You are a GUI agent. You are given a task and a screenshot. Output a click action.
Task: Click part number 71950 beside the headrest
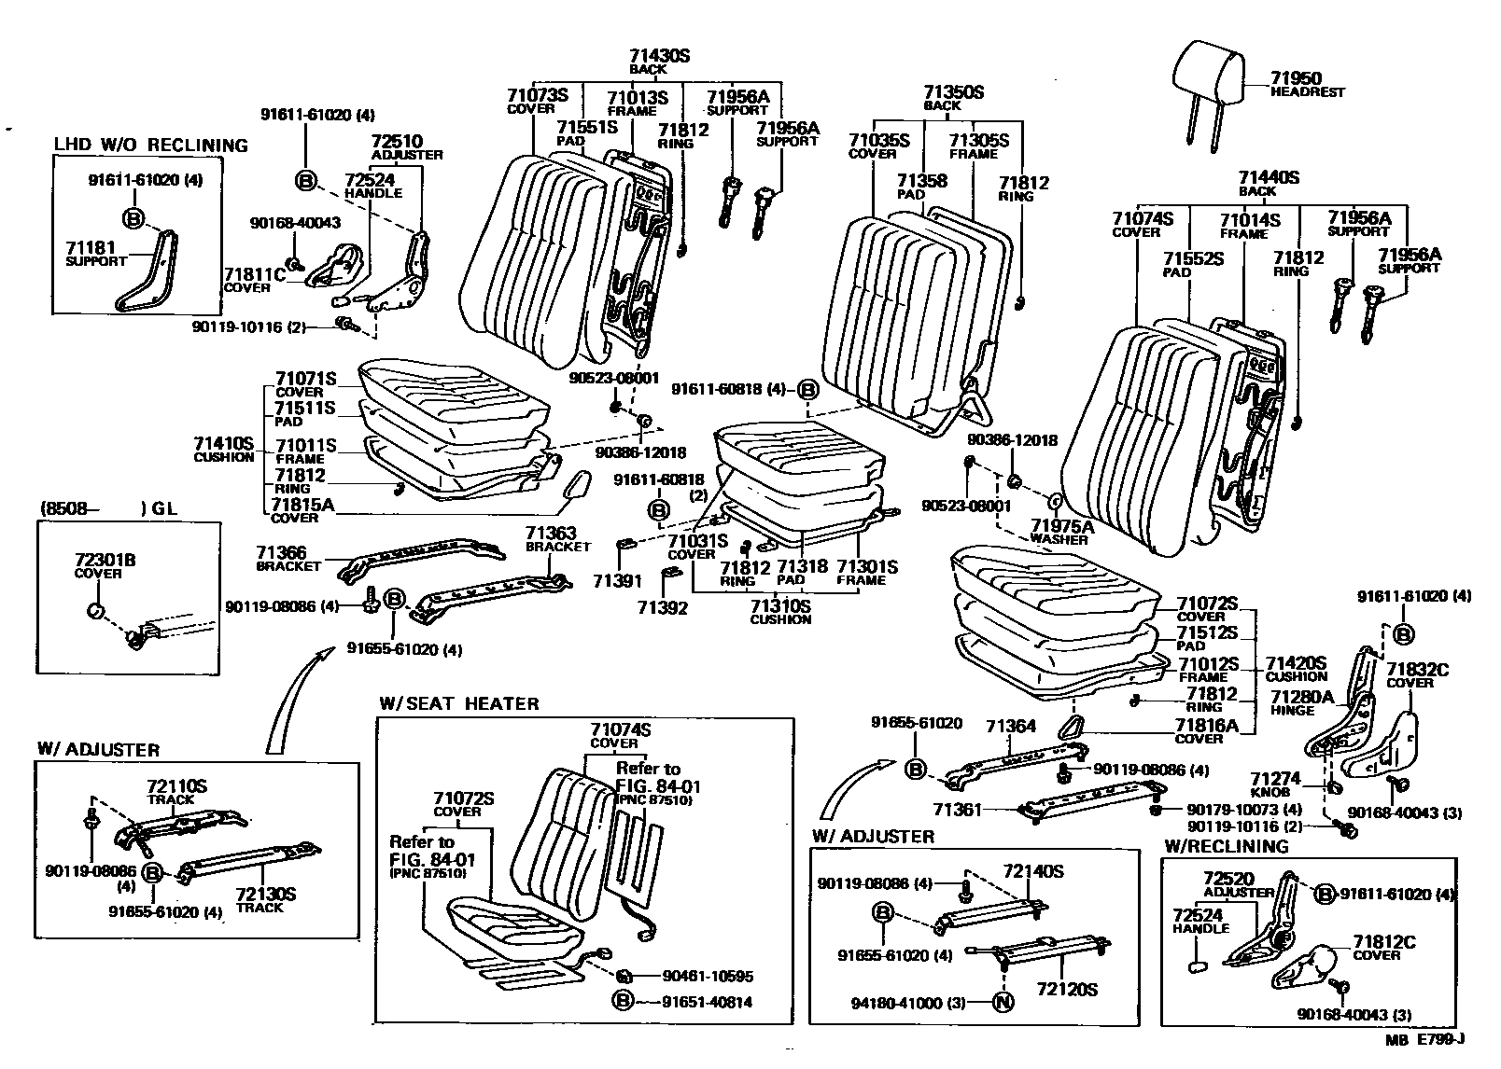tap(1296, 79)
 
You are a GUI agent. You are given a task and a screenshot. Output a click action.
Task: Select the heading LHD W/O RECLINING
tap(150, 146)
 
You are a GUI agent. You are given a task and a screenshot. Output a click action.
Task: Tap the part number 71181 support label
tap(90, 248)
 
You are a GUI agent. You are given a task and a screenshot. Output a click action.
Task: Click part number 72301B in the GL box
tap(105, 560)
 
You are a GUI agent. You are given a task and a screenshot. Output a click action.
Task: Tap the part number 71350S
tap(954, 92)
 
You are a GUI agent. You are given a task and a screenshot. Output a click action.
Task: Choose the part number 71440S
tap(1269, 177)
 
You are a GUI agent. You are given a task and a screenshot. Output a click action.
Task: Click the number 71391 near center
tap(617, 580)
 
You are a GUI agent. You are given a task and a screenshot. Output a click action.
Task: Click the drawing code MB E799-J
tap(1424, 1039)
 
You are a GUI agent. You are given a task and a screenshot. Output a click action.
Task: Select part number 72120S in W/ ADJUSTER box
tap(1066, 990)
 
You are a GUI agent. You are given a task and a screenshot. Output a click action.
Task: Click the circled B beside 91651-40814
tap(622, 1001)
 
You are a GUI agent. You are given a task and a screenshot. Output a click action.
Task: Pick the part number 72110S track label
tap(176, 787)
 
